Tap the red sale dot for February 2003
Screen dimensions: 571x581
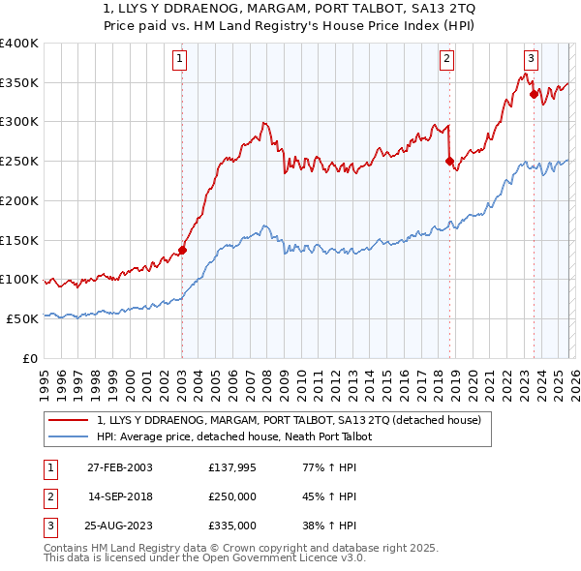pos(182,250)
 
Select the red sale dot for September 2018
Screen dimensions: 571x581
pos(449,162)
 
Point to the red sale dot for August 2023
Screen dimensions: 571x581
pos(534,94)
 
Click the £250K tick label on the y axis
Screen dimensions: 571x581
pos(18,161)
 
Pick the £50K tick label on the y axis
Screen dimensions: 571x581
pos(21,318)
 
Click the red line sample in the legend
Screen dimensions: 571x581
pos(70,421)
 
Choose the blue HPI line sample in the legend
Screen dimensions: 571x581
pos(70,437)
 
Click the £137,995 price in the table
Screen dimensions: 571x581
pos(231,467)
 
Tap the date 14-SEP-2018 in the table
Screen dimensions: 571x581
pos(120,496)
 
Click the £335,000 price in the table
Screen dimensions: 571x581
pos(231,526)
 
